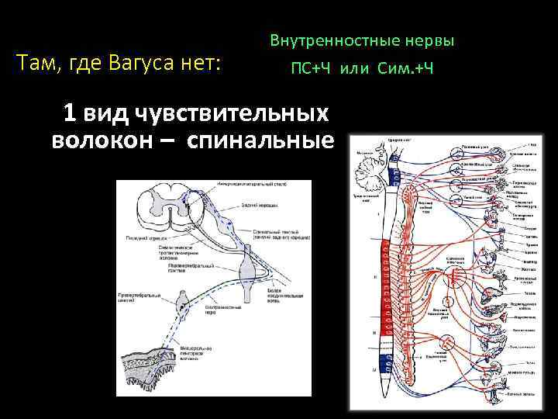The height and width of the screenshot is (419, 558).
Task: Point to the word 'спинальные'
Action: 274,141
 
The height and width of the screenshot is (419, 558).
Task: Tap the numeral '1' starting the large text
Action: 70,113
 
